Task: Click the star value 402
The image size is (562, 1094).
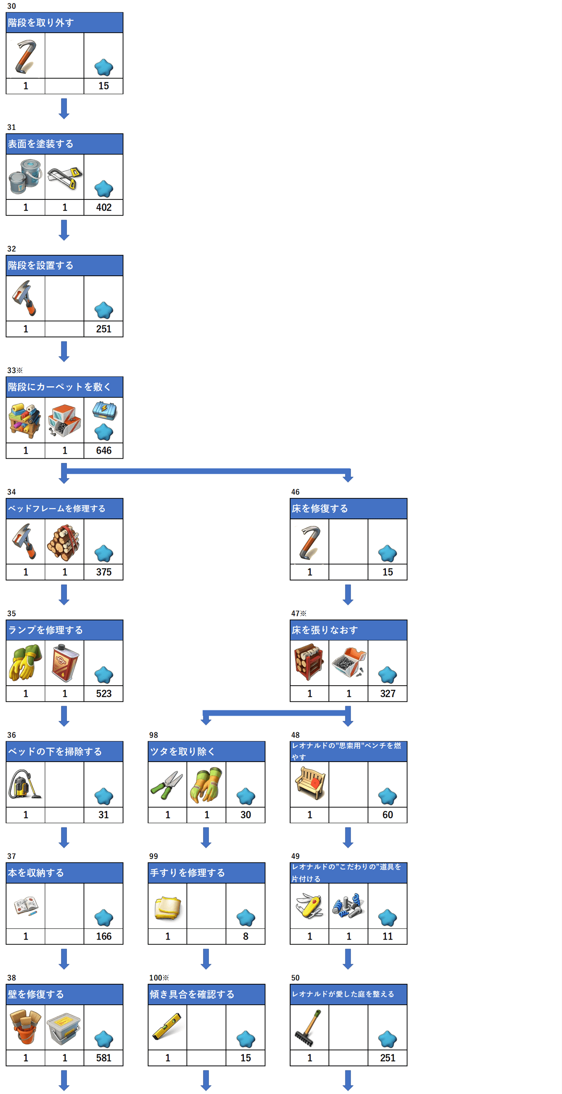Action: coord(103,207)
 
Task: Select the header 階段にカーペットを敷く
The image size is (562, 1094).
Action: coord(59,387)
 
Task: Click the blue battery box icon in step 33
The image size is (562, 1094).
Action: coord(104,410)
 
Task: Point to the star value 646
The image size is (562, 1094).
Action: coord(103,450)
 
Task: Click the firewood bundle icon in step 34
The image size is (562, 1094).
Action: coord(64,542)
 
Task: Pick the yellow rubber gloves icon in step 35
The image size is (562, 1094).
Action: coord(25,662)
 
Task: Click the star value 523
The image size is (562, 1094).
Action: coord(103,694)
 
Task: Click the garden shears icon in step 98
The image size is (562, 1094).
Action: coord(167,785)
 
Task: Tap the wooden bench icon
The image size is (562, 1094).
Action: coord(309,783)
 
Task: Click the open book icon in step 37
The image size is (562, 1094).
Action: coord(25,905)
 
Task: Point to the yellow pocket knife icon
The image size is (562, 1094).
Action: coord(309,905)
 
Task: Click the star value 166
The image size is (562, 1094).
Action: coord(103,936)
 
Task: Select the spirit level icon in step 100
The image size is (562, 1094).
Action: coord(167,1027)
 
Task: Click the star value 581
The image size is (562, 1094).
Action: coord(103,1057)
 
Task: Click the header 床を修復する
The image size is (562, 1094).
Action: coord(320,508)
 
